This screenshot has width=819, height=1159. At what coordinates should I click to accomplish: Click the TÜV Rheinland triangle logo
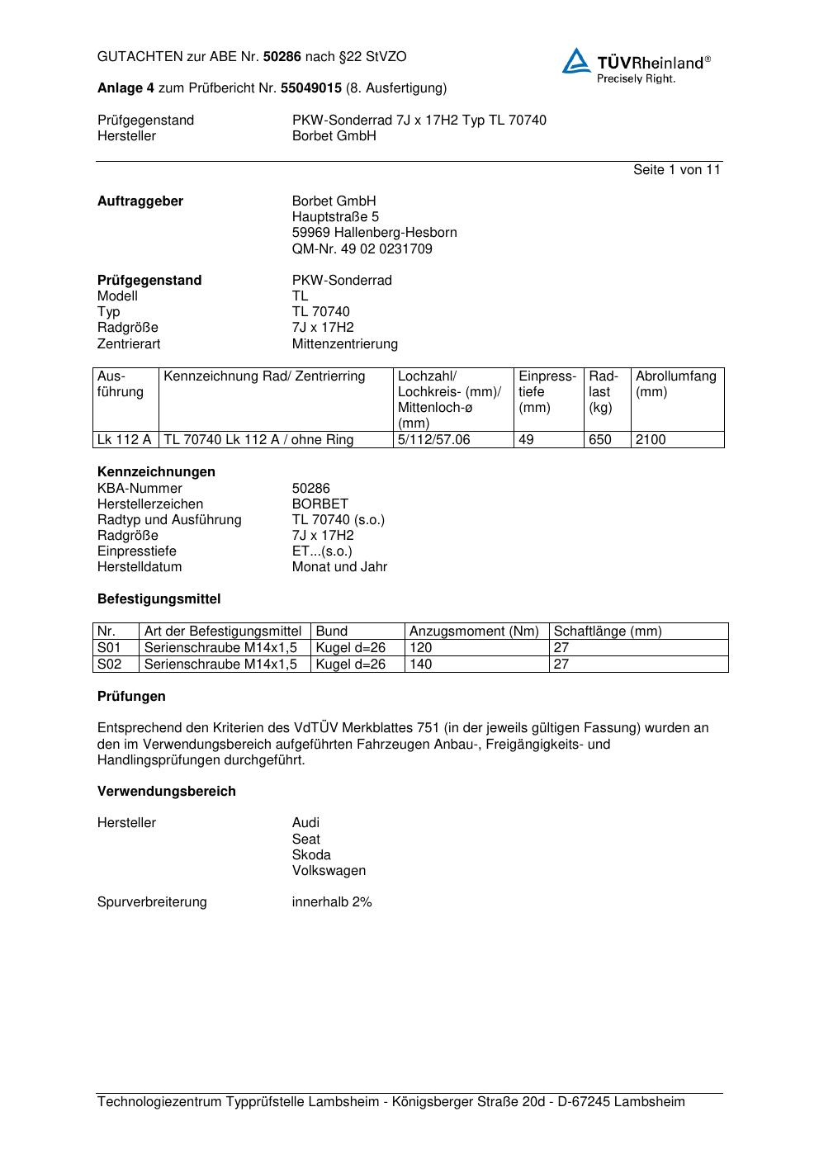(x=576, y=61)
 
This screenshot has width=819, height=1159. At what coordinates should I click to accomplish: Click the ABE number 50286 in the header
(x=282, y=57)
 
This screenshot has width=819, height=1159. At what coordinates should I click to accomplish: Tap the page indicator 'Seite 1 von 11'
(x=676, y=169)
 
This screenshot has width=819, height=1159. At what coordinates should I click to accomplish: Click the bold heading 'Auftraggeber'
(x=140, y=201)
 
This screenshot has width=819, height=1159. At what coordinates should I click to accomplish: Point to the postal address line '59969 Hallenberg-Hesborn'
(x=374, y=232)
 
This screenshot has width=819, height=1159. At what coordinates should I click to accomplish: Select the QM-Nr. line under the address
(x=362, y=248)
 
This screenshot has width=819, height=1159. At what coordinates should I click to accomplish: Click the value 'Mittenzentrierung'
(x=344, y=343)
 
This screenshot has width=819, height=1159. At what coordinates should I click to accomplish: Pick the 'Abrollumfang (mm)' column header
(x=675, y=384)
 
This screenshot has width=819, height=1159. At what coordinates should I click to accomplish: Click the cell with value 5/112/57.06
(x=433, y=439)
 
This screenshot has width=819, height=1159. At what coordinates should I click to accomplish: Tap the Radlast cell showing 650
(x=600, y=439)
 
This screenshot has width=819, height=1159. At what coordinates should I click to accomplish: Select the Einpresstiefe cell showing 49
(x=526, y=439)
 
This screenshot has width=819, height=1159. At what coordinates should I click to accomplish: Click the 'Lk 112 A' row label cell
(x=124, y=439)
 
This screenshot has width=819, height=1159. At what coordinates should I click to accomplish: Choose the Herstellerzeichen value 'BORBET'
(x=320, y=504)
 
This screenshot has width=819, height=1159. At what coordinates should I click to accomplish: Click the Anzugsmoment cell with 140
(x=420, y=664)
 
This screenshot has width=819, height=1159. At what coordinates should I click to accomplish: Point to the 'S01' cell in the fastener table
(x=109, y=647)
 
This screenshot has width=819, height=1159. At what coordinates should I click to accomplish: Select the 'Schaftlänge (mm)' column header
(x=607, y=631)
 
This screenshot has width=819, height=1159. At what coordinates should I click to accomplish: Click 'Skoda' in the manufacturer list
(x=311, y=854)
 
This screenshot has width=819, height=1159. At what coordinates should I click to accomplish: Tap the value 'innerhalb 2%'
(x=332, y=901)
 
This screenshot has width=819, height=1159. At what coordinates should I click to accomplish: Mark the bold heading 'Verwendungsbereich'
(x=166, y=791)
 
